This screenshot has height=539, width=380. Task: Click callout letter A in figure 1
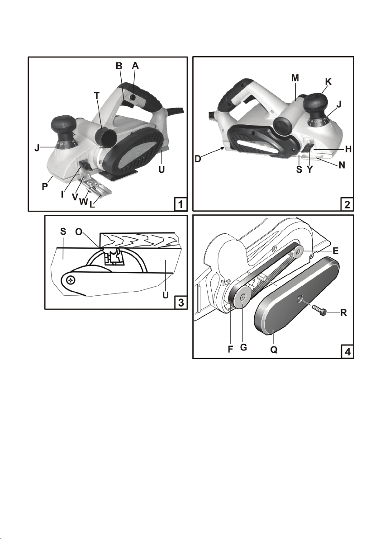point(135,66)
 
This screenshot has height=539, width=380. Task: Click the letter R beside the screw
point(344,312)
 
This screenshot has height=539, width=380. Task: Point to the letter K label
point(328,81)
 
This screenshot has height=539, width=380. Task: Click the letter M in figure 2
point(295,78)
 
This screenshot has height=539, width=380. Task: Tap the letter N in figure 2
point(342,165)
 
